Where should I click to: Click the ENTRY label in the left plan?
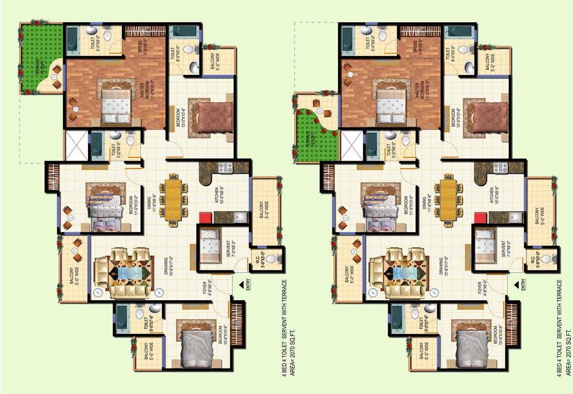point(248,285)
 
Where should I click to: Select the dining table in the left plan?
point(173,198)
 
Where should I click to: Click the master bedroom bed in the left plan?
point(118,106)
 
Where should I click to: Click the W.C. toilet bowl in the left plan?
point(276,260)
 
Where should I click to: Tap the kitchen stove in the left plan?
point(224,168)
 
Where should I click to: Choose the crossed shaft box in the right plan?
point(351,146)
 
